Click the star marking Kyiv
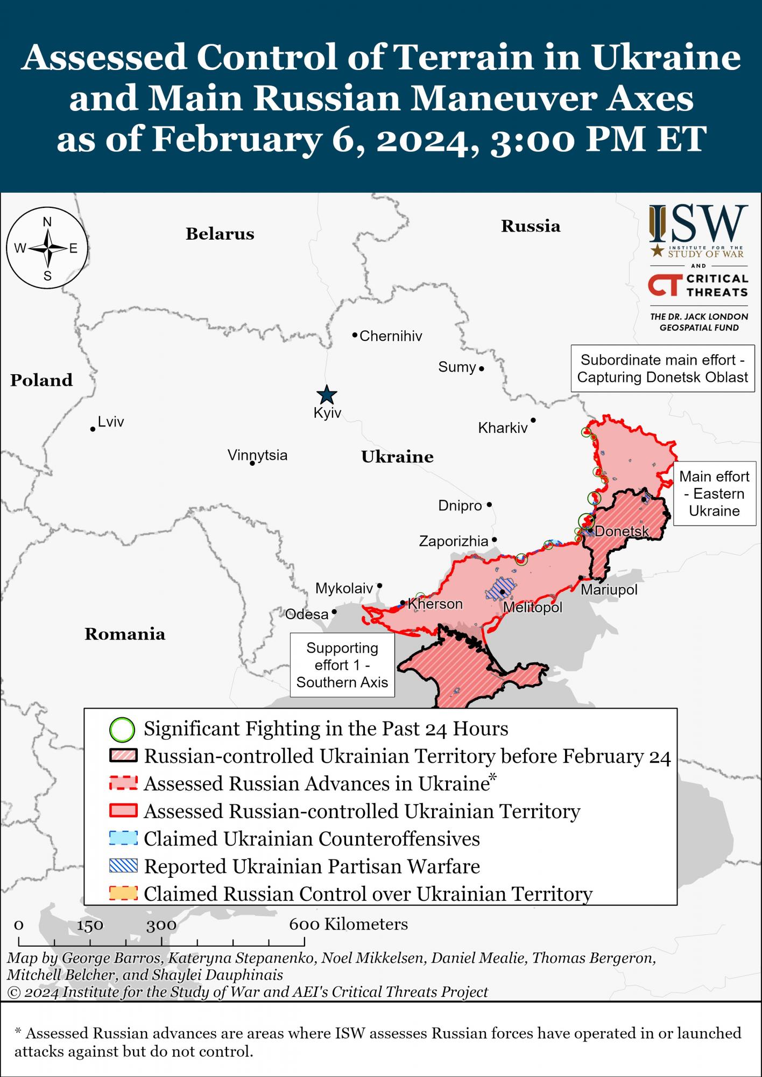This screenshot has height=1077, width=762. click(x=327, y=395)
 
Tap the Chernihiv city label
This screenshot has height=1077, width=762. click(x=391, y=336)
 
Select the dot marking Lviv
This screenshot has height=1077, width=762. click(x=93, y=429)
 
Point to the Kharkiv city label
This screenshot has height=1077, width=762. click(x=503, y=428)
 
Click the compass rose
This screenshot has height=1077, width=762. click(x=47, y=248)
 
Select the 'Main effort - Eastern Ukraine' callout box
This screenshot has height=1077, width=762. click(x=714, y=494)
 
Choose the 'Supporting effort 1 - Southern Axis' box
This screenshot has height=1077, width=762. click(x=342, y=665)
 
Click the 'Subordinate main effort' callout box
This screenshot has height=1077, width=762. click(x=662, y=368)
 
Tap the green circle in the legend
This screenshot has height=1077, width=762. click(x=122, y=730)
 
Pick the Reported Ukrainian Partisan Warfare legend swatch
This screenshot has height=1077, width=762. click(x=123, y=866)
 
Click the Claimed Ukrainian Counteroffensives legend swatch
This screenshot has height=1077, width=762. click(x=123, y=838)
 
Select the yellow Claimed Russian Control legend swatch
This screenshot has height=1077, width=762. click(x=123, y=893)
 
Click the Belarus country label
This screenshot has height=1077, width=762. click(x=220, y=234)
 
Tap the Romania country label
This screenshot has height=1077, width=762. click(x=125, y=634)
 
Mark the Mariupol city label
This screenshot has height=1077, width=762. click(x=609, y=590)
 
